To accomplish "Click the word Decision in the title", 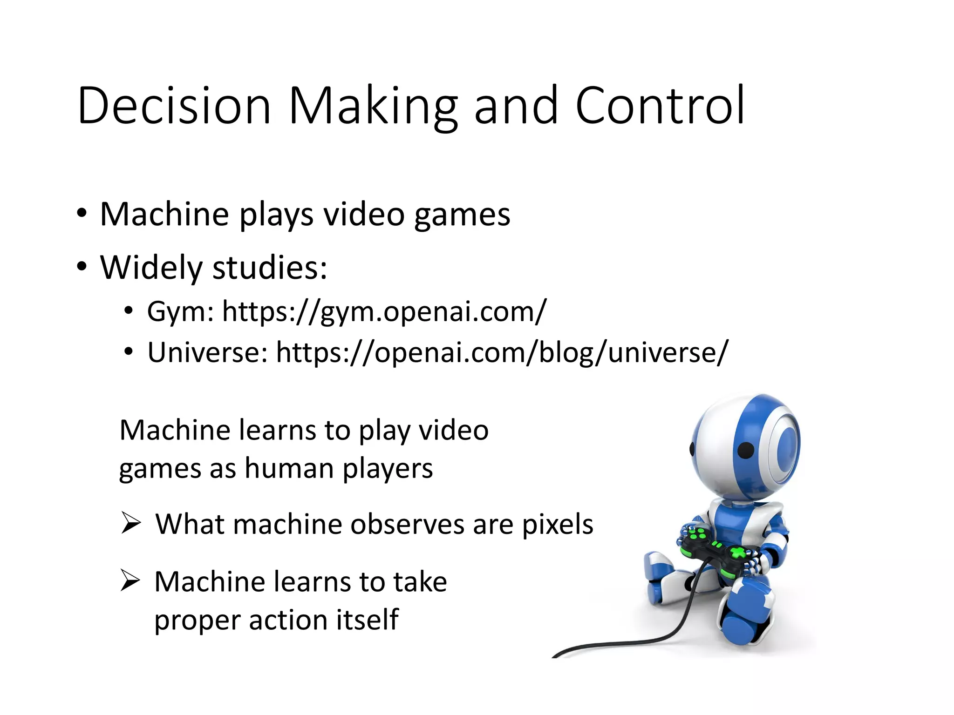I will click(x=174, y=106).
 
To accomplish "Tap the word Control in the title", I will click(x=660, y=106).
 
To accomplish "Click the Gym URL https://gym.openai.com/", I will click(x=384, y=311).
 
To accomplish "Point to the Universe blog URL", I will click(x=502, y=352).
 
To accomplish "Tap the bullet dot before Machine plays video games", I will click(x=82, y=214).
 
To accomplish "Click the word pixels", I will click(x=557, y=525).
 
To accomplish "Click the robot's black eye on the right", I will click(x=746, y=450).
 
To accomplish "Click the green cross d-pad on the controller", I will click(x=737, y=553).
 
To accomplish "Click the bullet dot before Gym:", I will click(x=129, y=310).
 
